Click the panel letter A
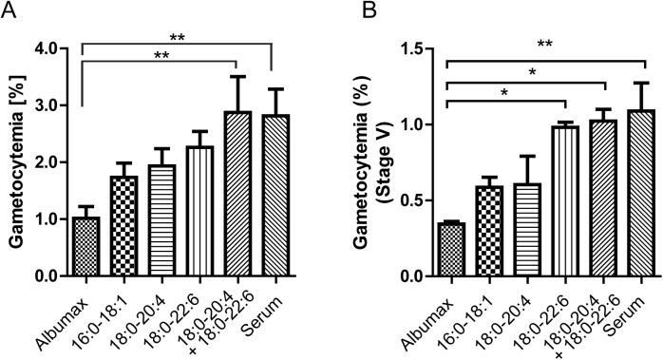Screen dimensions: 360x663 click(9, 11)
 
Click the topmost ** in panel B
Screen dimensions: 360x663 click(544, 44)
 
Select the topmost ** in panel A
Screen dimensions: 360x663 click(178, 37)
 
